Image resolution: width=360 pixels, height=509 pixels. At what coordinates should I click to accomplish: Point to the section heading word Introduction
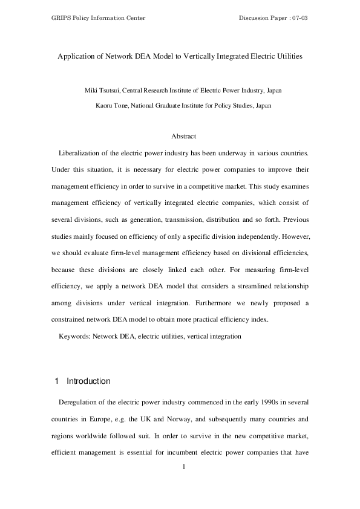[88, 381]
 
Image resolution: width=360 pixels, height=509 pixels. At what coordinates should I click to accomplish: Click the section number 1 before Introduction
[56, 381]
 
